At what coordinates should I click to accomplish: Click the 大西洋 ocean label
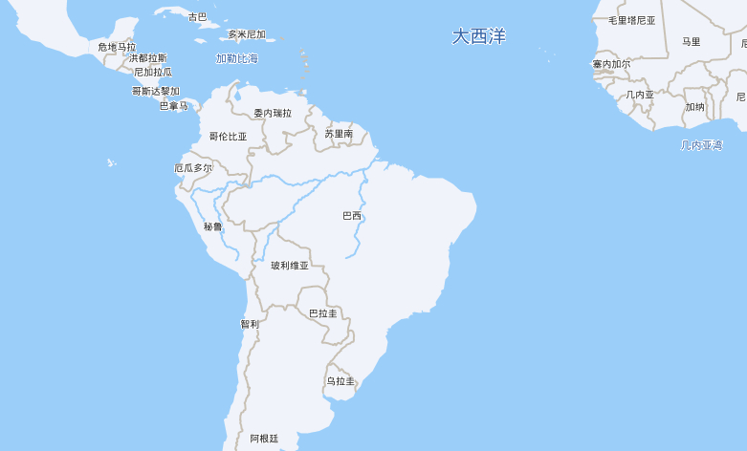tap(479, 36)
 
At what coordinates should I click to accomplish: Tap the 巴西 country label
tap(352, 215)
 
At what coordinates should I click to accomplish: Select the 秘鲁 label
tap(212, 226)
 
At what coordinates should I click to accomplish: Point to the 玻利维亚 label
tap(290, 265)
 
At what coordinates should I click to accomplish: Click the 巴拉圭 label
tap(322, 312)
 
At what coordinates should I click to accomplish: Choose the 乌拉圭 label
tap(340, 380)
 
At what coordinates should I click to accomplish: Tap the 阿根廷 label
tap(264, 438)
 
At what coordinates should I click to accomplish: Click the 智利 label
tap(250, 324)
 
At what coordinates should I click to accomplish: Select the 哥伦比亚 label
tap(228, 136)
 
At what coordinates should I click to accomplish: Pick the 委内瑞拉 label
tap(273, 113)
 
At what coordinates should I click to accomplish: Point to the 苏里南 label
tap(339, 134)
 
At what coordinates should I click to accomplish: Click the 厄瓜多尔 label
tap(193, 167)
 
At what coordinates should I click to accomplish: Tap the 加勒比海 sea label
tap(236, 58)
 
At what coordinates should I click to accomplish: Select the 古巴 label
tap(197, 16)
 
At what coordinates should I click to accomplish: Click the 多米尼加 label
tap(247, 34)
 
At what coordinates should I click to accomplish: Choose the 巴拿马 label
tap(174, 106)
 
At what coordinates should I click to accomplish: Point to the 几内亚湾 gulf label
tap(701, 145)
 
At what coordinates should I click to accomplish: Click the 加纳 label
tap(694, 107)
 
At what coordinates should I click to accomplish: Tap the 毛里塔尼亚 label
tap(632, 20)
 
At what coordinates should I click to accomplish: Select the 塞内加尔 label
tap(611, 64)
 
